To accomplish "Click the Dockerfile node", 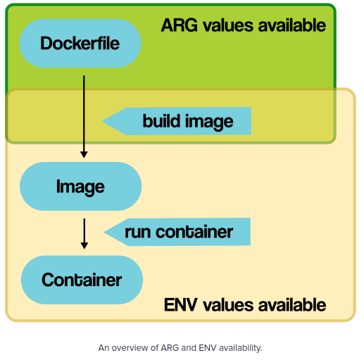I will click(80, 44).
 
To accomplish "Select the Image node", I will click(80, 187).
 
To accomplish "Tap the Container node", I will click(82, 280).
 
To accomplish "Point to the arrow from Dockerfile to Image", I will click(84, 113).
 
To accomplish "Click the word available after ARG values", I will click(289, 25).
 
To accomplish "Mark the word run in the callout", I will click(138, 231).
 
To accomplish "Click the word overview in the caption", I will click(137, 347).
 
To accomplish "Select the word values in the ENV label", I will click(225, 304).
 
